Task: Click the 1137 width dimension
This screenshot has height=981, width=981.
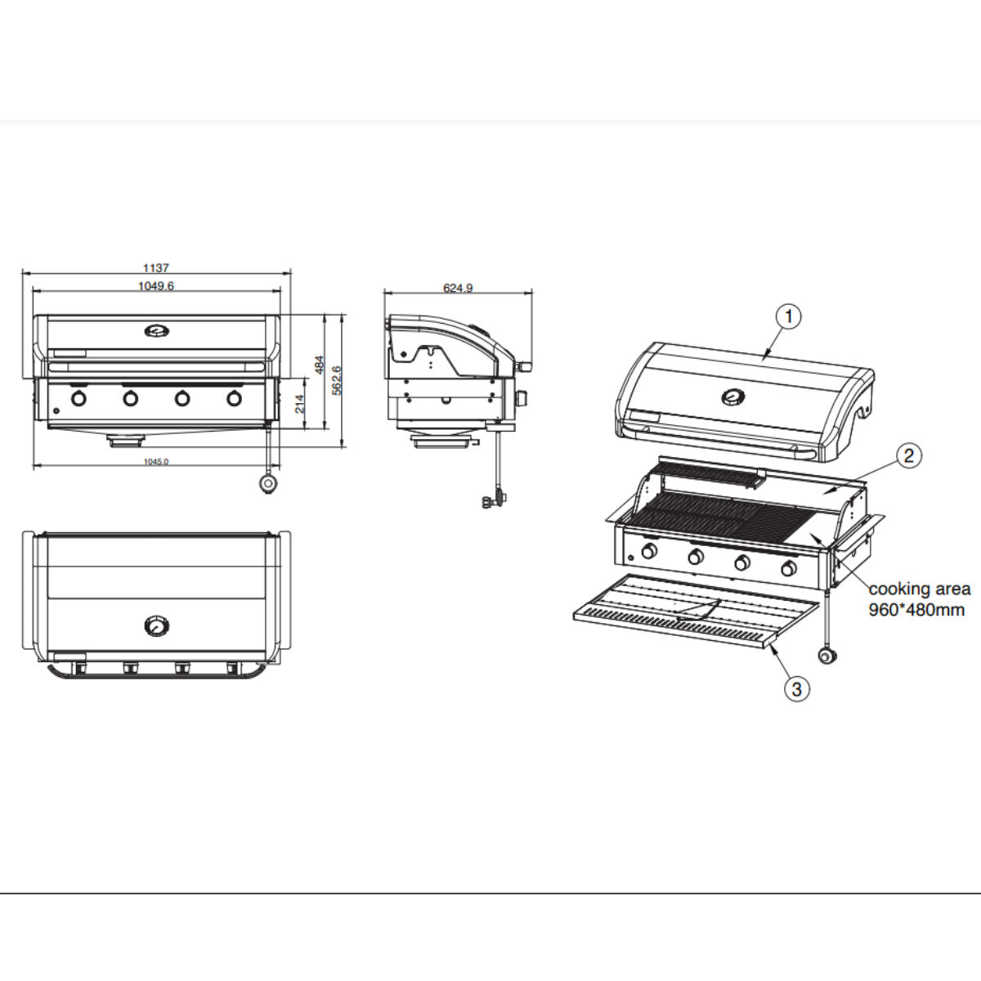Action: tap(155, 267)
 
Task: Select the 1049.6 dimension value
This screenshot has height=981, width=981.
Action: tap(155, 285)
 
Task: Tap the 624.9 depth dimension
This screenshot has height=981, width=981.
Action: tap(458, 288)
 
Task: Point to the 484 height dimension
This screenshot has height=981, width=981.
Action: tap(321, 365)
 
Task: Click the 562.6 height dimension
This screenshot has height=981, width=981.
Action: tap(337, 380)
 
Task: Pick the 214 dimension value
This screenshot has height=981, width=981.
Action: tap(300, 404)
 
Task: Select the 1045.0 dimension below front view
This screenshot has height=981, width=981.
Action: tap(155, 462)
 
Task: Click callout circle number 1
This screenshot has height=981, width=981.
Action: tap(788, 316)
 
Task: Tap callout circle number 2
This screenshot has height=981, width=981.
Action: tap(910, 455)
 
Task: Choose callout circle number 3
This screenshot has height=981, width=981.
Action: tap(797, 688)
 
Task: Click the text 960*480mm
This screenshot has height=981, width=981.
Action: tap(916, 610)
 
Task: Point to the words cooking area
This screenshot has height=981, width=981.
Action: tap(920, 589)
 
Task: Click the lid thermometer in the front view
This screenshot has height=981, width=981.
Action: tap(156, 331)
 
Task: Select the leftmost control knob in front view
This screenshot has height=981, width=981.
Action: tap(79, 399)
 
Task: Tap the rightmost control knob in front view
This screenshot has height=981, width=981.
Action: tap(235, 399)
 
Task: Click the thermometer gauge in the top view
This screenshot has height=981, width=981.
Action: tap(155, 626)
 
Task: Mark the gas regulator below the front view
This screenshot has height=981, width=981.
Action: tap(267, 484)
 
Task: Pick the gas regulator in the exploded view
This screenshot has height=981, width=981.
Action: tap(830, 656)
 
